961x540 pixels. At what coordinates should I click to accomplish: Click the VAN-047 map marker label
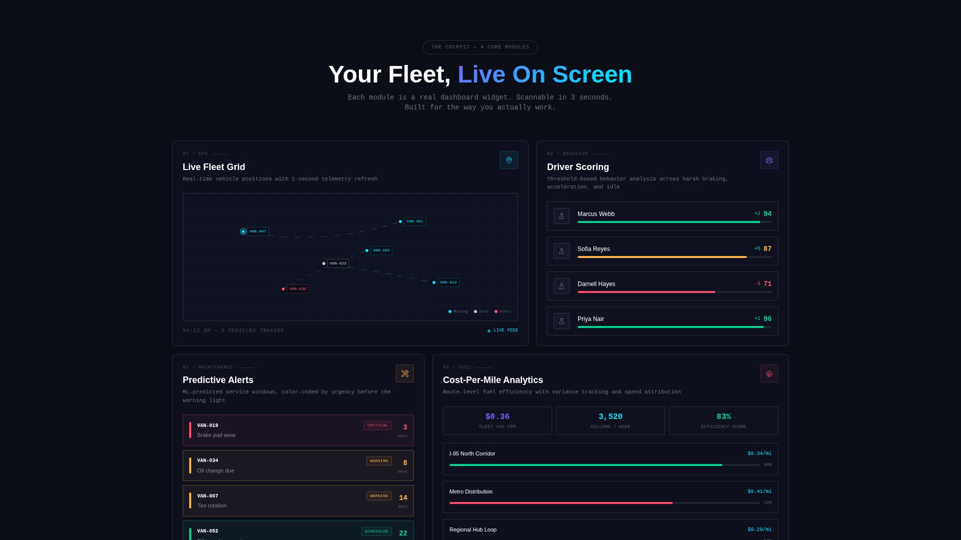[x=257, y=231]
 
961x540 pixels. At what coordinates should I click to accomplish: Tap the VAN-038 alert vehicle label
[x=297, y=289]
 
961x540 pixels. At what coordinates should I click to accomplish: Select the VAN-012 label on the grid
[x=448, y=282]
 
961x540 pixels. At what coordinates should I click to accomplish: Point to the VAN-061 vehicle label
[x=414, y=221]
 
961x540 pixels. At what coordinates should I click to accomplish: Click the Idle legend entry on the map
[x=483, y=311]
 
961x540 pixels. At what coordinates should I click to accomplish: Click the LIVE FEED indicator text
[x=506, y=330]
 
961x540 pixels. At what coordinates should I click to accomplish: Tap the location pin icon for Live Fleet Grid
[x=509, y=160]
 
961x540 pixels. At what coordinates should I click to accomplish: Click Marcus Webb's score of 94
[x=767, y=214]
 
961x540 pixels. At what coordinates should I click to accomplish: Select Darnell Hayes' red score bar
[x=646, y=292]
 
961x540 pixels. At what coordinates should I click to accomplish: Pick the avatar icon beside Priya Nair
[x=561, y=321]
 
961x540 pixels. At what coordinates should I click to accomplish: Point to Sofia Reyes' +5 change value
[x=757, y=248]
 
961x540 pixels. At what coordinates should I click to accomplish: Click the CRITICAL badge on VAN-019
[x=377, y=425]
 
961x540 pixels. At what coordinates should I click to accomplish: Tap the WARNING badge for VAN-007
[x=379, y=496]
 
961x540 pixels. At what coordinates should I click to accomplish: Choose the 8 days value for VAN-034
[x=404, y=463]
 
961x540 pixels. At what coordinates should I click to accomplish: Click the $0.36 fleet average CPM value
[x=497, y=416]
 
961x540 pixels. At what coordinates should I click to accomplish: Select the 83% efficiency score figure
[x=723, y=416]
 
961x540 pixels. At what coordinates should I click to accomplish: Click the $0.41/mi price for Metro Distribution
[x=759, y=491]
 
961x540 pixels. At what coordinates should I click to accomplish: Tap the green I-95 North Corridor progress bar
[x=586, y=465]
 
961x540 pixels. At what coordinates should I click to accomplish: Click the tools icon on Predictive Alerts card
[x=404, y=373]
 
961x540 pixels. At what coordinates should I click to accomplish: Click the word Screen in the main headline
[x=592, y=74]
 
